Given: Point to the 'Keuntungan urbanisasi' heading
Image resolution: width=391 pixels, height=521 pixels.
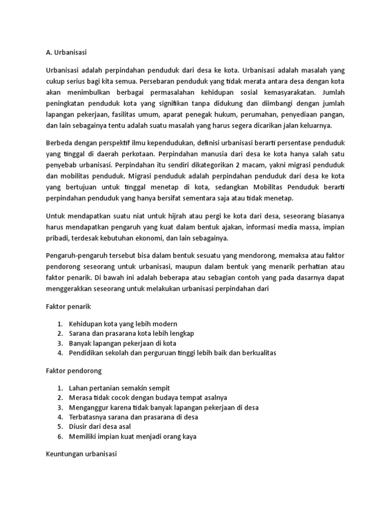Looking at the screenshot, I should point(78,454).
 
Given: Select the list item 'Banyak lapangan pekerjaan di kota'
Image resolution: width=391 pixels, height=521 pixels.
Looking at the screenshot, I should point(123,343).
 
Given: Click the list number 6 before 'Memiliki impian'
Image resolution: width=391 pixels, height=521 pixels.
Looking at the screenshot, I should point(60,437).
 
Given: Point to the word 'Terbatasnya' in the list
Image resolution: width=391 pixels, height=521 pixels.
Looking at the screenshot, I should point(89,417).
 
